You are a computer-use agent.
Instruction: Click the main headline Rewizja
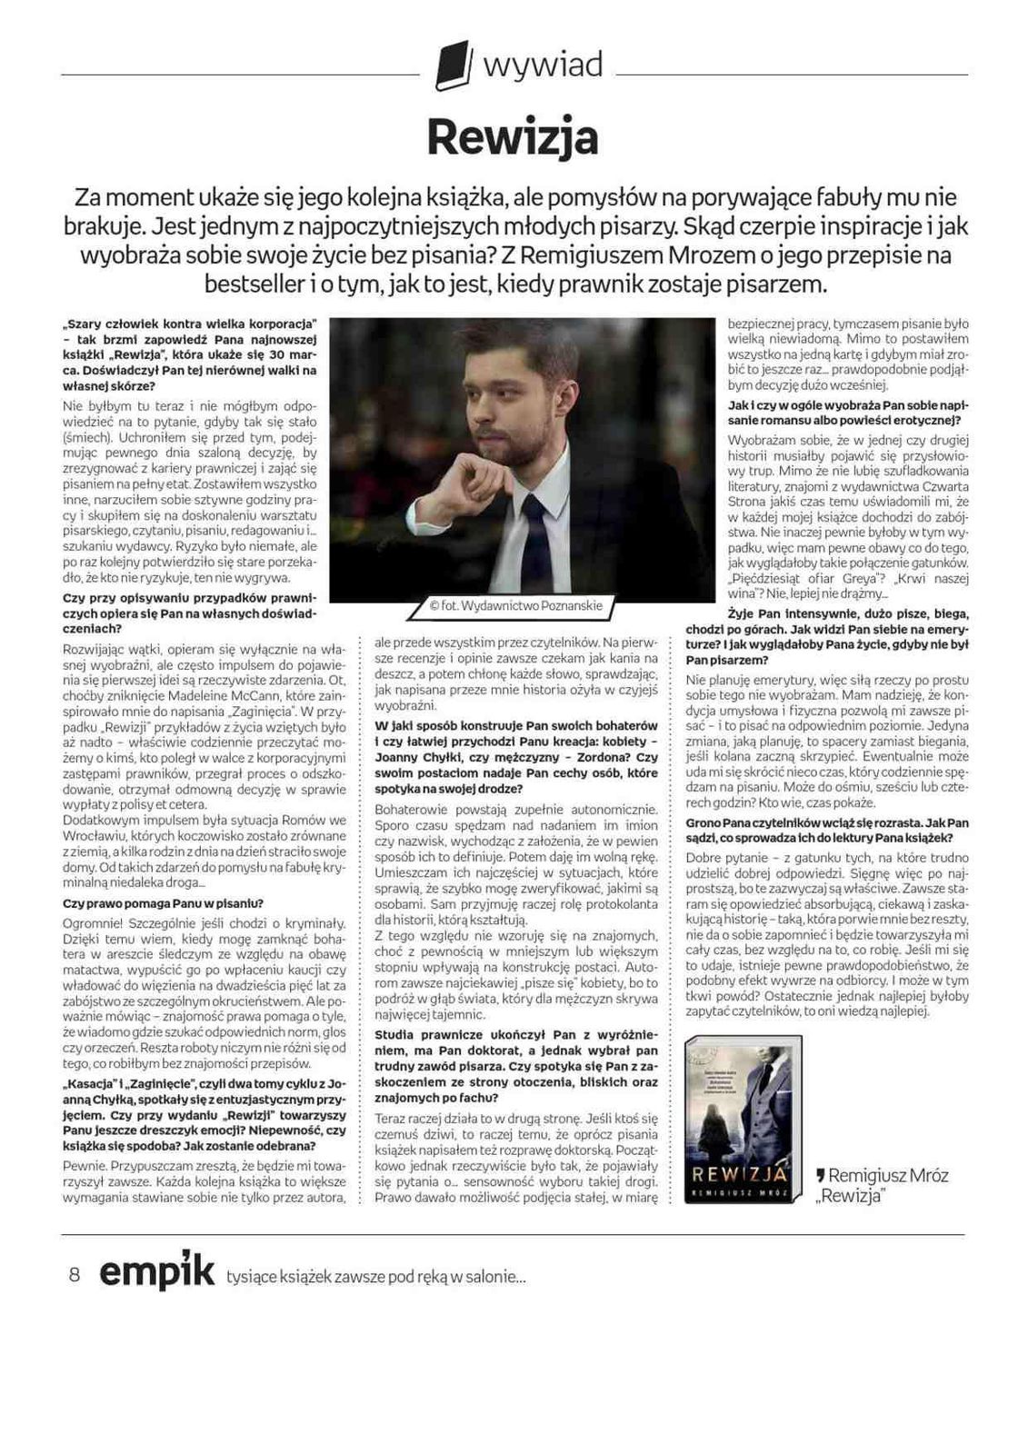(513, 138)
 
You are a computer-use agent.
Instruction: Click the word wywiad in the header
(543, 65)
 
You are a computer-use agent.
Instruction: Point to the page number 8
(75, 1274)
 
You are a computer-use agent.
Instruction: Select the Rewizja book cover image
(742, 1119)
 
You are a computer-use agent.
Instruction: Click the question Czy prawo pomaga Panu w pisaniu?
(163, 903)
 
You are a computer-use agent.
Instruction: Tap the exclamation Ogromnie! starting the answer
(88, 923)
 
